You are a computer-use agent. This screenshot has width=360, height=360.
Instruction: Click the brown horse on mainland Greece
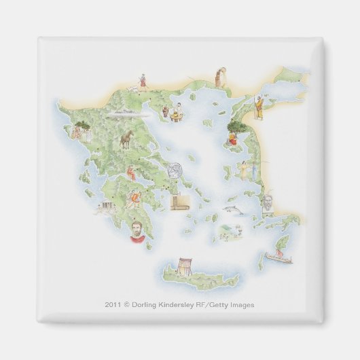pos(126,141)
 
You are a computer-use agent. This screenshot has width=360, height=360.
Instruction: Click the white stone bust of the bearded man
pos(270,202)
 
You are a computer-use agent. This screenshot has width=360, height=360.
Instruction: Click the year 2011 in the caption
pos(114,305)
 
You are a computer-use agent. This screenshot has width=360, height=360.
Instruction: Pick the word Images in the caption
pos(242,305)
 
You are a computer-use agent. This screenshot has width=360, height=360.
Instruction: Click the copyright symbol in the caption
pos(128,305)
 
